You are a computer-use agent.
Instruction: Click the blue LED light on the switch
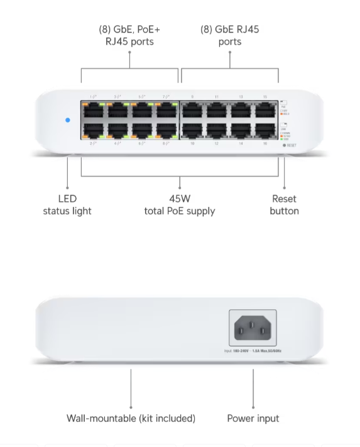click(67, 119)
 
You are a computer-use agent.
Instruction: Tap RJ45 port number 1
click(93, 109)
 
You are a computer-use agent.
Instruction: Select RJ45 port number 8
click(166, 131)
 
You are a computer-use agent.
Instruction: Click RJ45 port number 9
click(192, 109)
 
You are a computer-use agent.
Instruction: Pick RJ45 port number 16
click(266, 131)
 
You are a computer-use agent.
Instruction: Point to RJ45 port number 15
click(266, 109)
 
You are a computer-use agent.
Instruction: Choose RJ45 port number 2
click(93, 131)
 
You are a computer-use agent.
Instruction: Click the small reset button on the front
click(284, 145)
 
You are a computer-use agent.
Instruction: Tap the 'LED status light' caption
click(67, 205)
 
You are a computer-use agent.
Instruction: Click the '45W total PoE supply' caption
click(179, 205)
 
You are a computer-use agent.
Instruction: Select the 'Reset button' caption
click(284, 205)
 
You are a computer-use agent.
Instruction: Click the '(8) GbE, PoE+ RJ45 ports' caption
click(129, 35)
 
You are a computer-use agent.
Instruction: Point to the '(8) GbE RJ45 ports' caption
click(229, 35)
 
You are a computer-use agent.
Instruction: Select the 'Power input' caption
click(253, 418)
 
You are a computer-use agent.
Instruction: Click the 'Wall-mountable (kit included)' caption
click(131, 418)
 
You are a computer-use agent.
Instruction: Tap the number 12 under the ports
click(216, 144)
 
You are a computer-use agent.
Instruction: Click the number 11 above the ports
click(216, 96)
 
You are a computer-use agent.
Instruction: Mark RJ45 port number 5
click(142, 109)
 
